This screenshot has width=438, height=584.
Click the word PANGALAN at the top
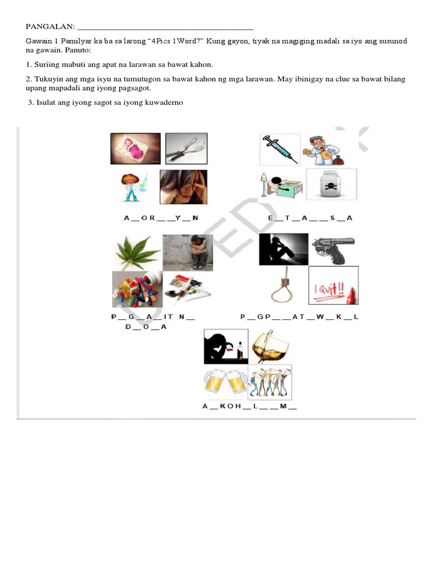pyautogui.click(x=50, y=27)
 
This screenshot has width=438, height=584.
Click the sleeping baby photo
pyautogui.click(x=135, y=148)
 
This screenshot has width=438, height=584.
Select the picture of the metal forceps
pyautogui.click(x=186, y=148)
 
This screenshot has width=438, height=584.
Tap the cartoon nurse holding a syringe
pyautogui.click(x=133, y=186)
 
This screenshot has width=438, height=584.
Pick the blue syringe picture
pyautogui.click(x=279, y=149)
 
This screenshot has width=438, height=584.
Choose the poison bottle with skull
pyautogui.click(x=331, y=184)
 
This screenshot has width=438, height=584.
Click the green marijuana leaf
pyautogui.click(x=137, y=252)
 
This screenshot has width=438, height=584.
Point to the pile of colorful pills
pyautogui.click(x=137, y=289)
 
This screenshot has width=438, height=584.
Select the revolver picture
pyautogui.click(x=333, y=249)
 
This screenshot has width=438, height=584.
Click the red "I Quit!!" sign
pyautogui.click(x=333, y=286)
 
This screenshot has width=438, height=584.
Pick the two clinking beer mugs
pyautogui.click(x=225, y=382)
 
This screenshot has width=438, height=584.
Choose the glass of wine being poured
pyautogui.click(x=270, y=346)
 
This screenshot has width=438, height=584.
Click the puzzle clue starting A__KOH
pyautogui.click(x=249, y=407)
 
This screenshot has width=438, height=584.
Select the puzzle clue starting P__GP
pyautogui.click(x=299, y=317)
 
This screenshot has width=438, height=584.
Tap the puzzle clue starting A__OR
pyautogui.click(x=161, y=218)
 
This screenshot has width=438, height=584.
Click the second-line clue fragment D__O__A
pyautogui.click(x=145, y=327)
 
